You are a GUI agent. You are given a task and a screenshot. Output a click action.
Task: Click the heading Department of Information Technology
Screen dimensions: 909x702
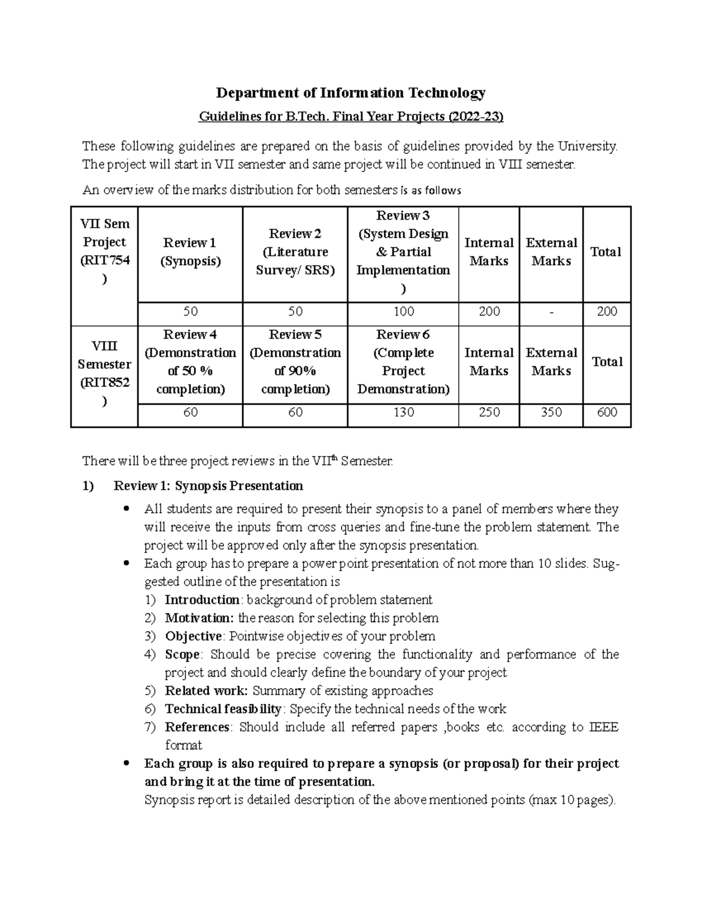[351, 92]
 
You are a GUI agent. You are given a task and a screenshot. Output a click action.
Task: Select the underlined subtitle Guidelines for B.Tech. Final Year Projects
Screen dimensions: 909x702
[351, 117]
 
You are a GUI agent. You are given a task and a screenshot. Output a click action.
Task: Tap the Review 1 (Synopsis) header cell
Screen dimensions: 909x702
[190, 252]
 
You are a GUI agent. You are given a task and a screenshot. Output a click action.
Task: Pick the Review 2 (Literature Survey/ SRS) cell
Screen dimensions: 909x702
[295, 252]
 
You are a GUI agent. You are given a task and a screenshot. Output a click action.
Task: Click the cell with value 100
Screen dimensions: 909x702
[404, 311]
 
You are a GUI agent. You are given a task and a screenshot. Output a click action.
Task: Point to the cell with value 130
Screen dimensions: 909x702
[404, 413]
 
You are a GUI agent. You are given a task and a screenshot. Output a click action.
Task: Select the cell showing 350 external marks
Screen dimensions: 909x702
[551, 413]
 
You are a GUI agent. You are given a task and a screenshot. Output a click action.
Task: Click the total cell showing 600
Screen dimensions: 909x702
[607, 413]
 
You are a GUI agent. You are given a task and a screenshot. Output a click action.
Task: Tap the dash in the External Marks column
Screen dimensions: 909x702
[551, 312]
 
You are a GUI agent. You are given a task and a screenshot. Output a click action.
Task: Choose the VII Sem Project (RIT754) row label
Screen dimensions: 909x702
[105, 252]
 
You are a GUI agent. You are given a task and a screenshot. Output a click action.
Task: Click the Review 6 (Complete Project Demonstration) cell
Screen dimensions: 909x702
[403, 362]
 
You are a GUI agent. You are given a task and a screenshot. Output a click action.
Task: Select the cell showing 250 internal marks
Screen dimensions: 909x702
[489, 413]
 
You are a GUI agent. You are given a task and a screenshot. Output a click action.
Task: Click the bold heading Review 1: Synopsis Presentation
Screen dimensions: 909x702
[208, 486]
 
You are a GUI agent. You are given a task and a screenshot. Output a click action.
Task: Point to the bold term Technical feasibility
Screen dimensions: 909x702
[223, 709]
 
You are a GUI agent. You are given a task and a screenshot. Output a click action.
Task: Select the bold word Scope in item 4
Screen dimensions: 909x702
[182, 654]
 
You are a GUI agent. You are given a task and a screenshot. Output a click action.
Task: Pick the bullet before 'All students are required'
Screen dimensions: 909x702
[126, 509]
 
